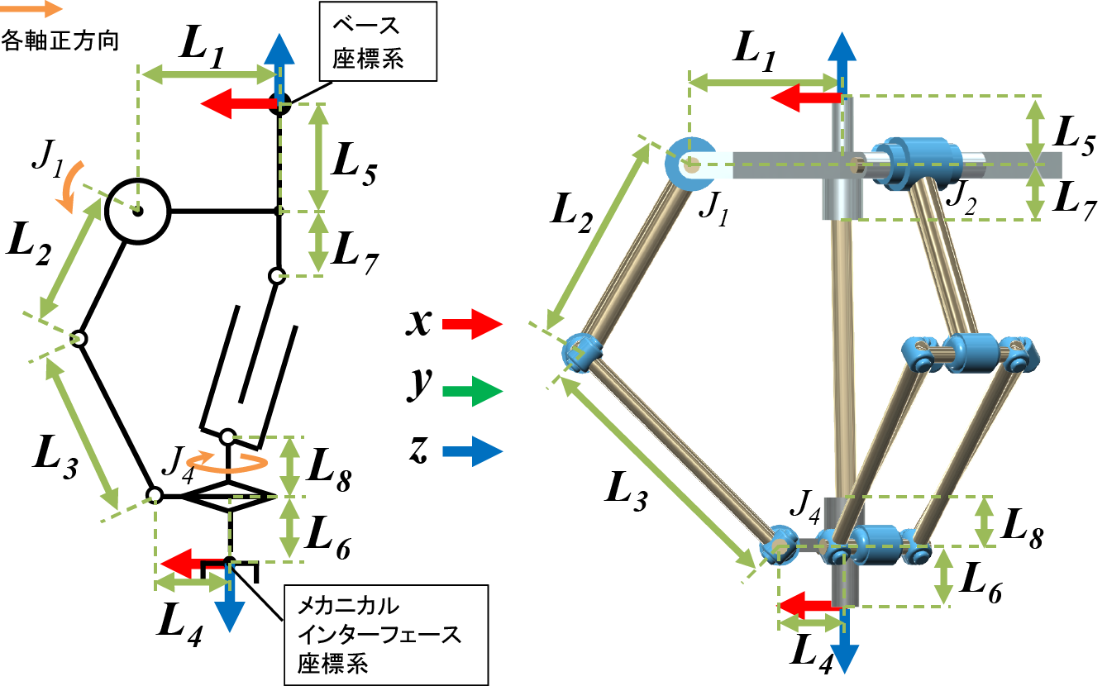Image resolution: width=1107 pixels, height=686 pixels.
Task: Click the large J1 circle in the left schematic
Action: click(137, 211)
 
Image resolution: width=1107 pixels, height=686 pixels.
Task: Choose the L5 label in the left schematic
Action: click(355, 169)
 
